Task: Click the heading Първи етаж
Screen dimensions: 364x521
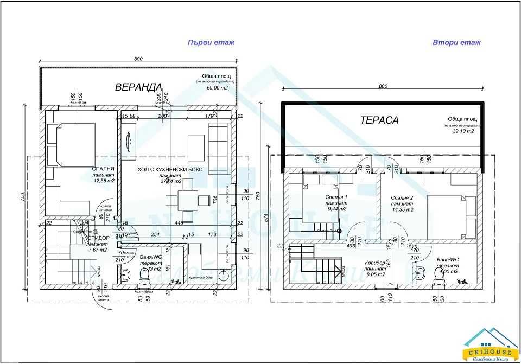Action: tap(211, 42)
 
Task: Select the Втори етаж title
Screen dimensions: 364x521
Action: tap(456, 42)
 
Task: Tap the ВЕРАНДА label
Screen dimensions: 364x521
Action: tap(138, 87)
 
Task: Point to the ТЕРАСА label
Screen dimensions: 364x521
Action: tap(379, 120)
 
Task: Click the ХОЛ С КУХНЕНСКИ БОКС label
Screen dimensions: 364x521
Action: tap(169, 169)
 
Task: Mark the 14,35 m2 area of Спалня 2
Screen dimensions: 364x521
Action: tap(403, 209)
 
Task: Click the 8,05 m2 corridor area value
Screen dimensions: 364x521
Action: tap(375, 275)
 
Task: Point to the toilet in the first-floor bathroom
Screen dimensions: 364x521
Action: tap(144, 277)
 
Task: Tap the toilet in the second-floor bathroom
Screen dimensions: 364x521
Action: tap(439, 277)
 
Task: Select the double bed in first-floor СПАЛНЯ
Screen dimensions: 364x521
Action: tap(71, 144)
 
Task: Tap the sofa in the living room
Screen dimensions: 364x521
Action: tap(218, 143)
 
